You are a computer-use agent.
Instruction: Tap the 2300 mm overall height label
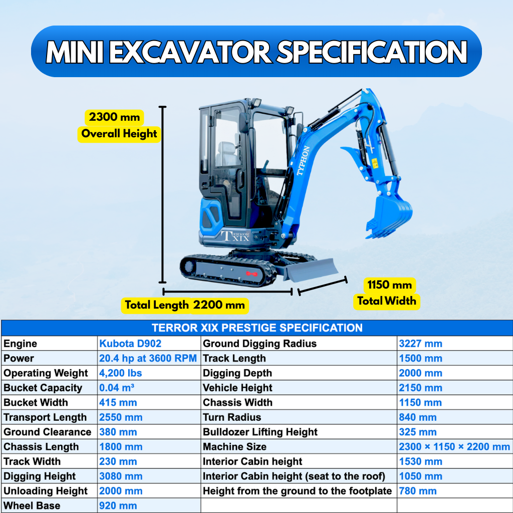[115, 118]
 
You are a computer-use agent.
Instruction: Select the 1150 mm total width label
[390, 285]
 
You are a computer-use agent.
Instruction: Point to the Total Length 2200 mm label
[185, 305]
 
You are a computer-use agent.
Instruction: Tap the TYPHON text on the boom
[303, 160]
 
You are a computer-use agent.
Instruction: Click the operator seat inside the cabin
[228, 153]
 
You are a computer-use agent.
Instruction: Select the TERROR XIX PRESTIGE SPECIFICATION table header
[256, 328]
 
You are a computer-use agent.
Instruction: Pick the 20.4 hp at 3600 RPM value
[148, 358]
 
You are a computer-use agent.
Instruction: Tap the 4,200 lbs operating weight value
[121, 373]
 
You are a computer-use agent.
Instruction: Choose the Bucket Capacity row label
[43, 388]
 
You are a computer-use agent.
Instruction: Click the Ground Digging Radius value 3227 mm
[420, 344]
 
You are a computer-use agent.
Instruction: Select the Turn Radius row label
[232, 417]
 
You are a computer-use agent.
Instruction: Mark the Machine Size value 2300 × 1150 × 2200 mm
[454, 447]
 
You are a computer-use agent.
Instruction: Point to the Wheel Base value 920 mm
[118, 505]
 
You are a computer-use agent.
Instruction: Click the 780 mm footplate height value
[418, 491]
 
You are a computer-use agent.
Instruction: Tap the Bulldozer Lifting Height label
[260, 432]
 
